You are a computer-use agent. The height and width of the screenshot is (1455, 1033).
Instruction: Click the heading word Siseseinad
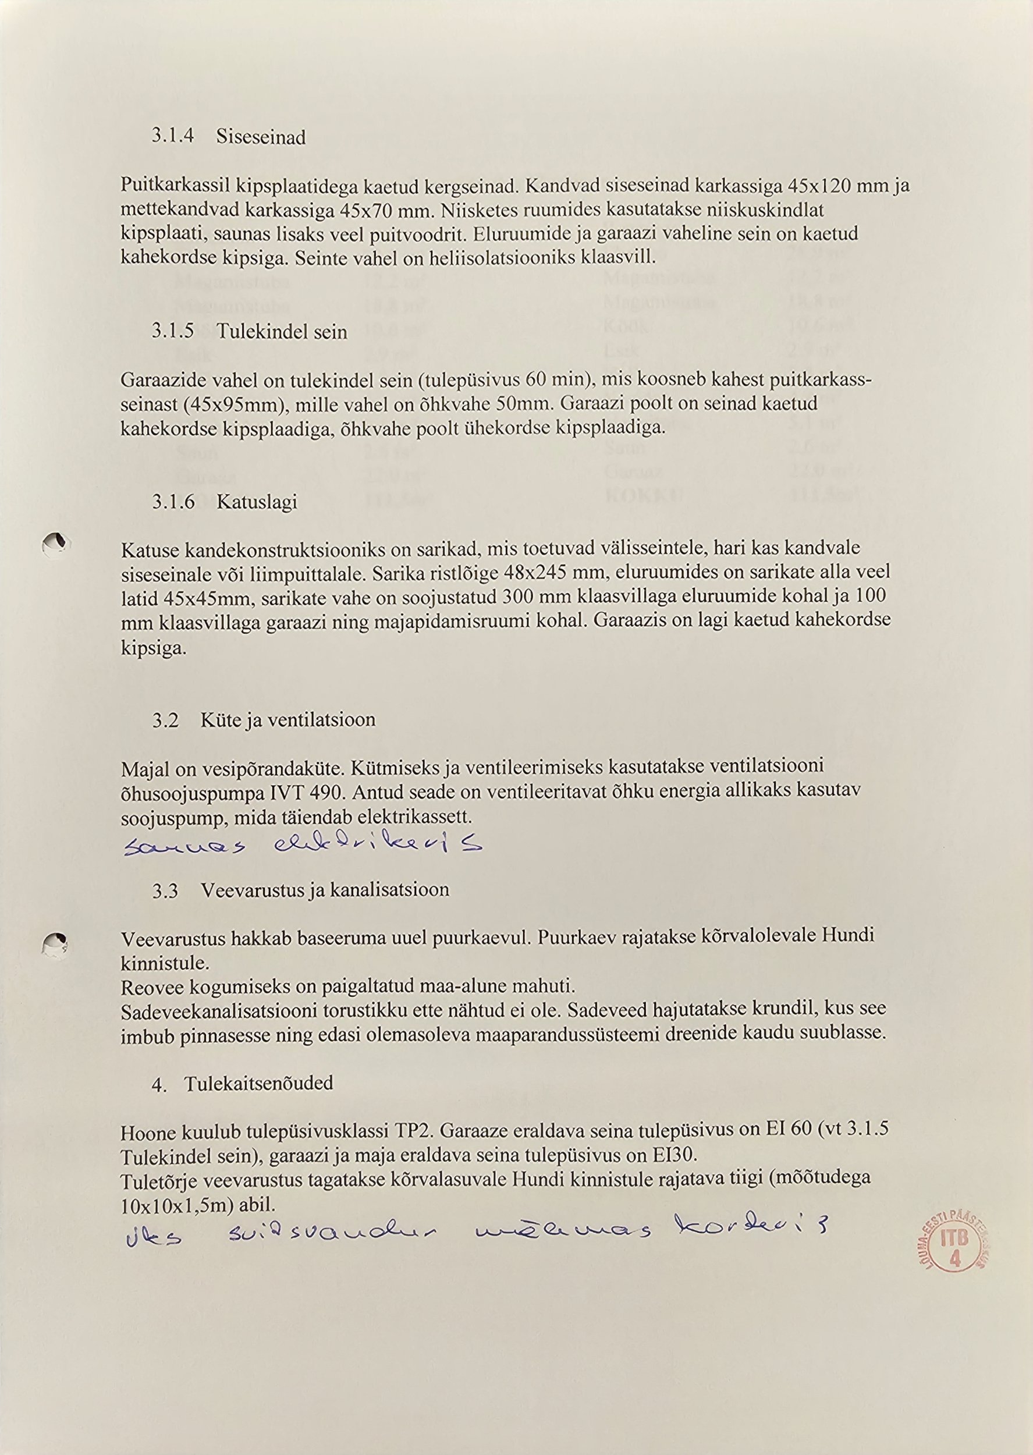pyautogui.click(x=261, y=137)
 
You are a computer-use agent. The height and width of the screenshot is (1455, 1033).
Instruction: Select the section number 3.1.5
pyautogui.click(x=173, y=331)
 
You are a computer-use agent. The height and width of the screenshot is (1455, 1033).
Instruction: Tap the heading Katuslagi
pyautogui.click(x=257, y=502)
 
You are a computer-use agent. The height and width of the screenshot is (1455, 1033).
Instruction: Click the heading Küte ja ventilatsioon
pyautogui.click(x=288, y=719)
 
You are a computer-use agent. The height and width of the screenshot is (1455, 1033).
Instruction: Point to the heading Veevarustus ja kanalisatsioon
pyautogui.click(x=325, y=890)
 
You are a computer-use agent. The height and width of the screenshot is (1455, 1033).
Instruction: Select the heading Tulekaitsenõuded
pyautogui.click(x=259, y=1083)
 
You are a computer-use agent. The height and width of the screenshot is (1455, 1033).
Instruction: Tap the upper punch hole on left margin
pyautogui.click(x=55, y=544)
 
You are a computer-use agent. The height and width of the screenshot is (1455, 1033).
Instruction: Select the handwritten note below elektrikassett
pyautogui.click(x=302, y=845)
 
